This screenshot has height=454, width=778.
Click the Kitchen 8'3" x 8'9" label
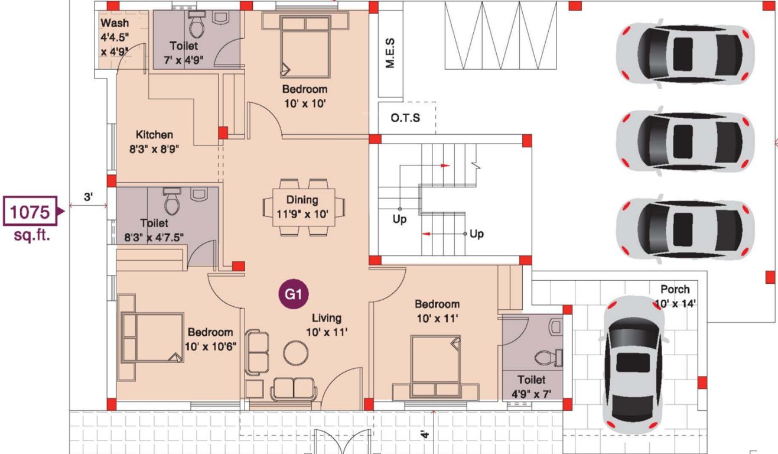154,142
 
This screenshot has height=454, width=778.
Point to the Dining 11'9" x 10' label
302,207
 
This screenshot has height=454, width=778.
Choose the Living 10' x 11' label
327,325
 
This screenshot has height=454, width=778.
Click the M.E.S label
390,54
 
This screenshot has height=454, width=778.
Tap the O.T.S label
405,118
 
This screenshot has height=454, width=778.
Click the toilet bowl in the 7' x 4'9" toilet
196,25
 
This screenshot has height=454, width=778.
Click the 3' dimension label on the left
87,197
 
